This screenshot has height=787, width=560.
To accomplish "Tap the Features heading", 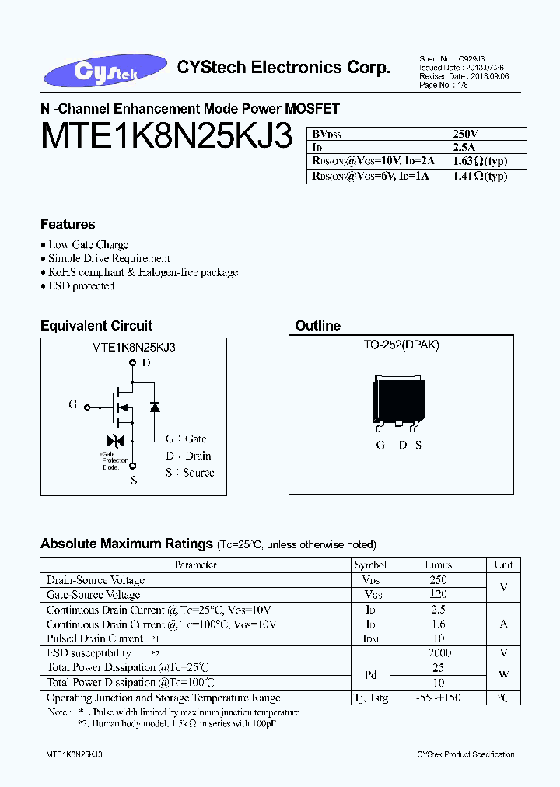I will click(x=68, y=224).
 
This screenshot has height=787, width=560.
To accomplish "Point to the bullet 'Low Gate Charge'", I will click(x=88, y=244).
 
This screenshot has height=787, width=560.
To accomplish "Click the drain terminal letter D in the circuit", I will click(x=146, y=362).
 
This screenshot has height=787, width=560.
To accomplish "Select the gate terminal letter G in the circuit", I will click(x=72, y=405).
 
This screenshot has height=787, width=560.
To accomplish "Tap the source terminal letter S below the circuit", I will click(x=134, y=481).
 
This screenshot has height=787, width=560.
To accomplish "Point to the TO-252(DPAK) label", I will click(x=401, y=345).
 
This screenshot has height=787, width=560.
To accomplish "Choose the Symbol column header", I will click(x=370, y=565).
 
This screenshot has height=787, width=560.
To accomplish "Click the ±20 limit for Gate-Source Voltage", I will click(x=438, y=594).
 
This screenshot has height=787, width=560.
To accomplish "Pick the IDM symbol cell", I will click(x=370, y=638).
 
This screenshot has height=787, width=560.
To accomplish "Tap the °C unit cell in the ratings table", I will click(x=503, y=698).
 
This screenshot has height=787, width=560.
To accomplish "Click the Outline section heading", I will click(x=317, y=326).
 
